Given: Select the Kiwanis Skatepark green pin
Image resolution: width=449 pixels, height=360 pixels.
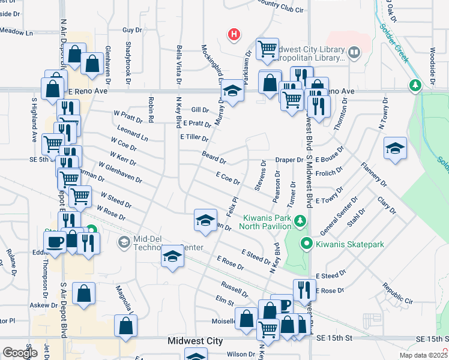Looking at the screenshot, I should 306,244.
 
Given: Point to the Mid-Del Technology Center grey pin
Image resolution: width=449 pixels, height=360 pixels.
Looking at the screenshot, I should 124,242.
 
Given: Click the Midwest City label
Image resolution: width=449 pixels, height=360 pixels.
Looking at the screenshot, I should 195,341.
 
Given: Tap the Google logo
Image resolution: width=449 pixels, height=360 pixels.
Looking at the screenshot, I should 19,353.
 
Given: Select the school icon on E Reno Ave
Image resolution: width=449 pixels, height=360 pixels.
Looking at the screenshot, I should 232,92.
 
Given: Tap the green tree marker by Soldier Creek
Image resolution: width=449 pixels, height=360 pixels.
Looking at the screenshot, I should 414,85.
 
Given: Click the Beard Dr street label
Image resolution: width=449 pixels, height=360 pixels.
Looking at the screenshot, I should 214,158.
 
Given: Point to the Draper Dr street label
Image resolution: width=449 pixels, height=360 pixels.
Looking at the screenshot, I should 289,160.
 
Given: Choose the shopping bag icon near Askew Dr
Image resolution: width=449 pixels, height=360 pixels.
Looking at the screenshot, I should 83,294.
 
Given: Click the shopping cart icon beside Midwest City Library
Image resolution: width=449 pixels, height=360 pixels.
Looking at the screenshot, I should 267,49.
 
